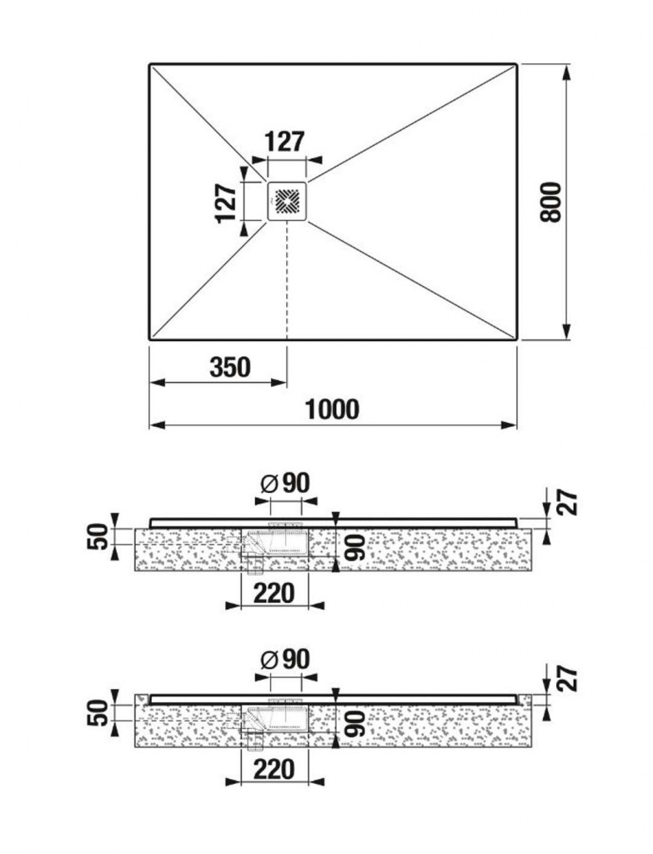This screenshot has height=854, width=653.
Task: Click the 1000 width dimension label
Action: pyautogui.click(x=332, y=409)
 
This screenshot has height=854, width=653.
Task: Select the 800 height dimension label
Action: pyautogui.click(x=550, y=202)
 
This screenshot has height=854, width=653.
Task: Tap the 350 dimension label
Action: pyautogui.click(x=230, y=368)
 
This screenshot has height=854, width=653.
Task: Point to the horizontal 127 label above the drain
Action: pyautogui.click(x=285, y=142)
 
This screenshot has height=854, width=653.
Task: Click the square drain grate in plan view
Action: pyautogui.click(x=287, y=202)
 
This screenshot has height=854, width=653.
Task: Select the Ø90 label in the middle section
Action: pyautogui.click(x=285, y=483)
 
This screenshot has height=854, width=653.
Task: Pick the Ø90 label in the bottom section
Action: pyautogui.click(x=285, y=660)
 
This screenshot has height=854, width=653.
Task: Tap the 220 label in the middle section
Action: pyautogui.click(x=274, y=593)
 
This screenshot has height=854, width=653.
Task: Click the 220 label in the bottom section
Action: pyautogui.click(x=274, y=770)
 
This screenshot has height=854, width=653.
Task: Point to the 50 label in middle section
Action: pyautogui.click(x=98, y=536)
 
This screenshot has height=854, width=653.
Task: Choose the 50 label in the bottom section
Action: pyautogui.click(x=98, y=713)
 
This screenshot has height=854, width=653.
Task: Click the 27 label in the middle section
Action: pyautogui.click(x=567, y=502)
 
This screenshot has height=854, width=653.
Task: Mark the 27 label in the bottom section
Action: pyautogui.click(x=567, y=679)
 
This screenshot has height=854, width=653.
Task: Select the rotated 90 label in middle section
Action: pyautogui.click(x=354, y=547)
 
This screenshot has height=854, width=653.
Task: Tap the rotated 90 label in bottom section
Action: pyautogui.click(x=354, y=723)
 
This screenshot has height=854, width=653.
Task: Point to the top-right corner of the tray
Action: pyautogui.click(x=516, y=64)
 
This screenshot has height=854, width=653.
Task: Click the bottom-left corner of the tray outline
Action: pyautogui.click(x=150, y=339)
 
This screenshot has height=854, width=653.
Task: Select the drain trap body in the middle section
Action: pyautogui.click(x=274, y=543)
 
